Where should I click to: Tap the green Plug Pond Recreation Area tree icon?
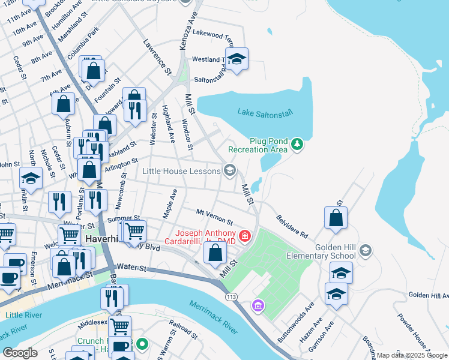click(x=297, y=144)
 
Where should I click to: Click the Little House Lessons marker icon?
click(x=229, y=171)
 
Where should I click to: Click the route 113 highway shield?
click(x=231, y=298)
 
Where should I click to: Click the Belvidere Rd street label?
click(x=292, y=226)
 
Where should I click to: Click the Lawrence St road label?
click(x=157, y=57)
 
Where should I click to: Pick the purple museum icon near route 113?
click(x=258, y=307)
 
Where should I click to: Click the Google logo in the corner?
click(x=20, y=353)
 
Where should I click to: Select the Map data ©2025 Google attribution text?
click(x=412, y=355)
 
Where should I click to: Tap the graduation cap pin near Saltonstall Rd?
click(x=237, y=59)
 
